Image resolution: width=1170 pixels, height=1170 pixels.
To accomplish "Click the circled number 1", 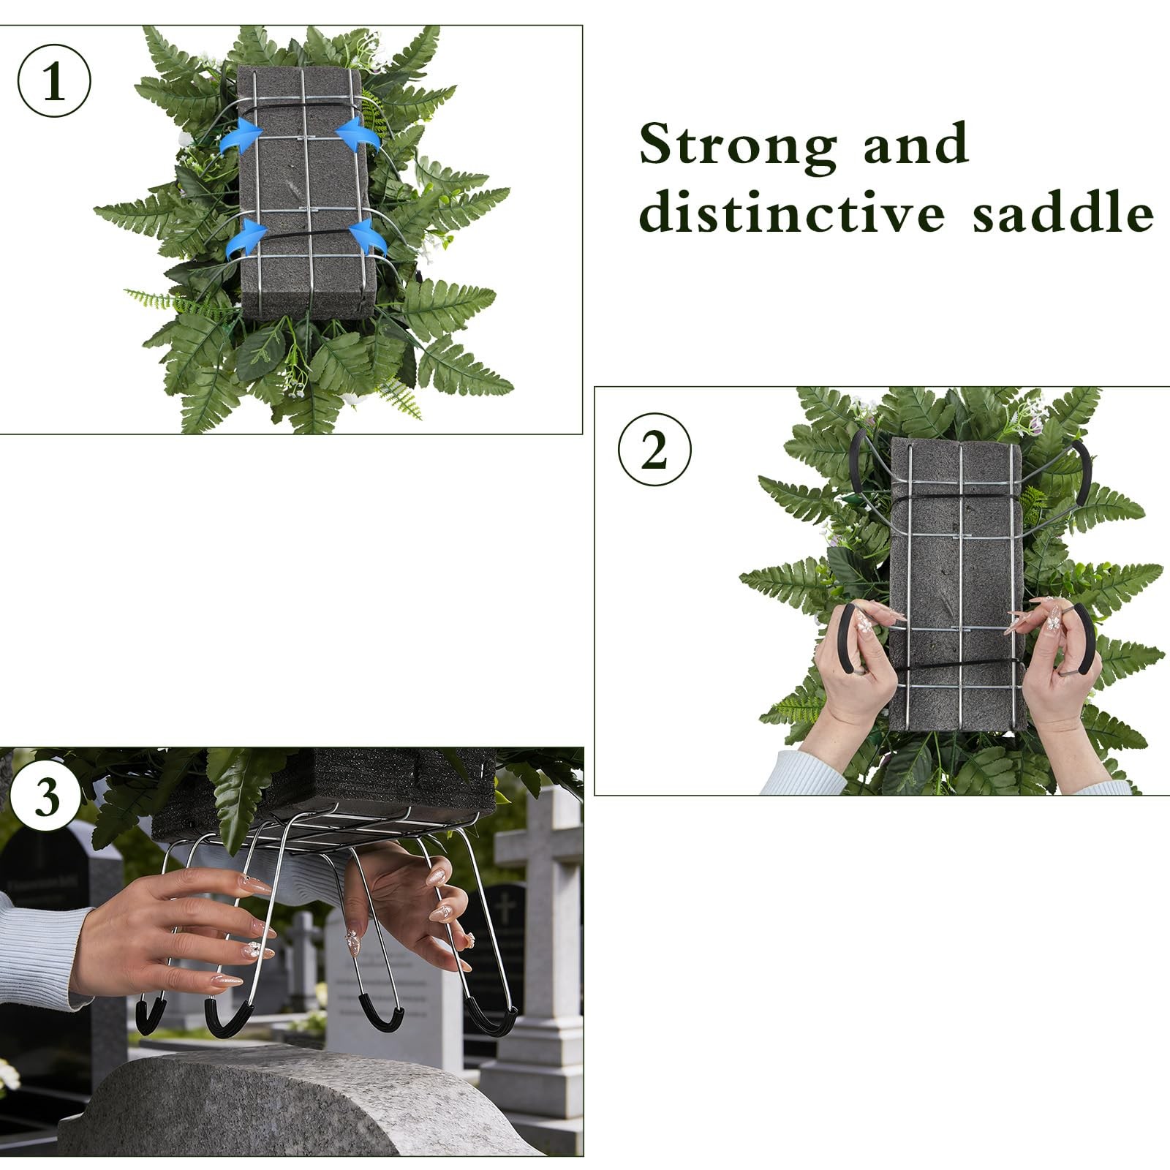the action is point(54,80).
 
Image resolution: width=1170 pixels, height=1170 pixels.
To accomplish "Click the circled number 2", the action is point(654,449).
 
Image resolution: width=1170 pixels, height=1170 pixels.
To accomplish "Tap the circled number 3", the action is point(46,795).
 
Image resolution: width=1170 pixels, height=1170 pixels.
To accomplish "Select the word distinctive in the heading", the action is point(792,212).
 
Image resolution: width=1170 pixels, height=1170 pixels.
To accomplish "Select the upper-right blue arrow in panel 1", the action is point(358,137).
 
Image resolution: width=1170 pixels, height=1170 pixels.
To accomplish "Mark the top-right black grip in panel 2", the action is point(1083,462).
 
